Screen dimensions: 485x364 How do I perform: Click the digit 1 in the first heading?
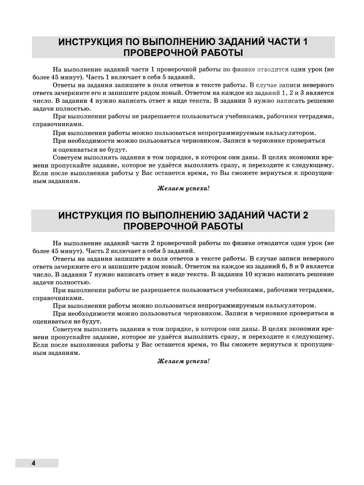coord(305,42)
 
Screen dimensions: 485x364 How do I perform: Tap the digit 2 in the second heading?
coord(305,215)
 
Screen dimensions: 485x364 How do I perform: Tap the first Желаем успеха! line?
coord(183,189)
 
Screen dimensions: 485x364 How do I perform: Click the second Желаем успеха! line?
coord(183,361)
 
